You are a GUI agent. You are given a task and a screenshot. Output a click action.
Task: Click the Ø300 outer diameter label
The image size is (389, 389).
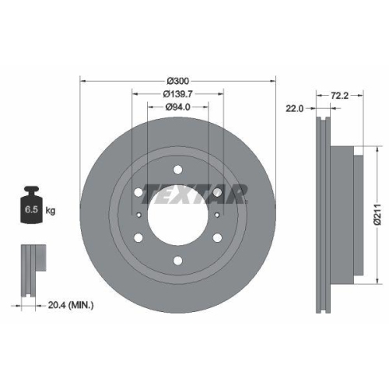point(178,81)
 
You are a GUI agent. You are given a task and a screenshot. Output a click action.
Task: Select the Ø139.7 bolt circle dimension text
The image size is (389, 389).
point(178,94)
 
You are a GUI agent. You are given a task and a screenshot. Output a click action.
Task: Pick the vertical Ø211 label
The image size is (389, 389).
point(376,209)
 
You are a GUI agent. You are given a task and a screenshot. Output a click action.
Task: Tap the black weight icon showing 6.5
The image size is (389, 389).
point(32,205)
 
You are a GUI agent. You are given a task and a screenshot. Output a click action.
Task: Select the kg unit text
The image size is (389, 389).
point(51,210)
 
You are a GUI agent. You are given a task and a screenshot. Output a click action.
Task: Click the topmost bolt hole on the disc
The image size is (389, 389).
point(178,169)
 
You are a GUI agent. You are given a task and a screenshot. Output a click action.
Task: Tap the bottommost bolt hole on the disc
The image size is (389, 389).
point(178,261)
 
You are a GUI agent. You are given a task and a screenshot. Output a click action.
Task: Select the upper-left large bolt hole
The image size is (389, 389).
point(138,191)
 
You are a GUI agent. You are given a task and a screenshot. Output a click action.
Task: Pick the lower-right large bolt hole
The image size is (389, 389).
point(218,237)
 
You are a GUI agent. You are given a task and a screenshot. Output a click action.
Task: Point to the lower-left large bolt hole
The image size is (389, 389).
point(138,237)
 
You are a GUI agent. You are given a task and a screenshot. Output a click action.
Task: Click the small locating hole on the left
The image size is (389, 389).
point(138,216)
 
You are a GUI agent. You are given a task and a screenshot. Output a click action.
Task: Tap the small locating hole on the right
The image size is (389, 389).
point(218,216)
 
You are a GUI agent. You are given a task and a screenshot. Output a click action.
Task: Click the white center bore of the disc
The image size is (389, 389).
point(178,215)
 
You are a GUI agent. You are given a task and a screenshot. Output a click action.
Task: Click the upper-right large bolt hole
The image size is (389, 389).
point(218,191)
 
